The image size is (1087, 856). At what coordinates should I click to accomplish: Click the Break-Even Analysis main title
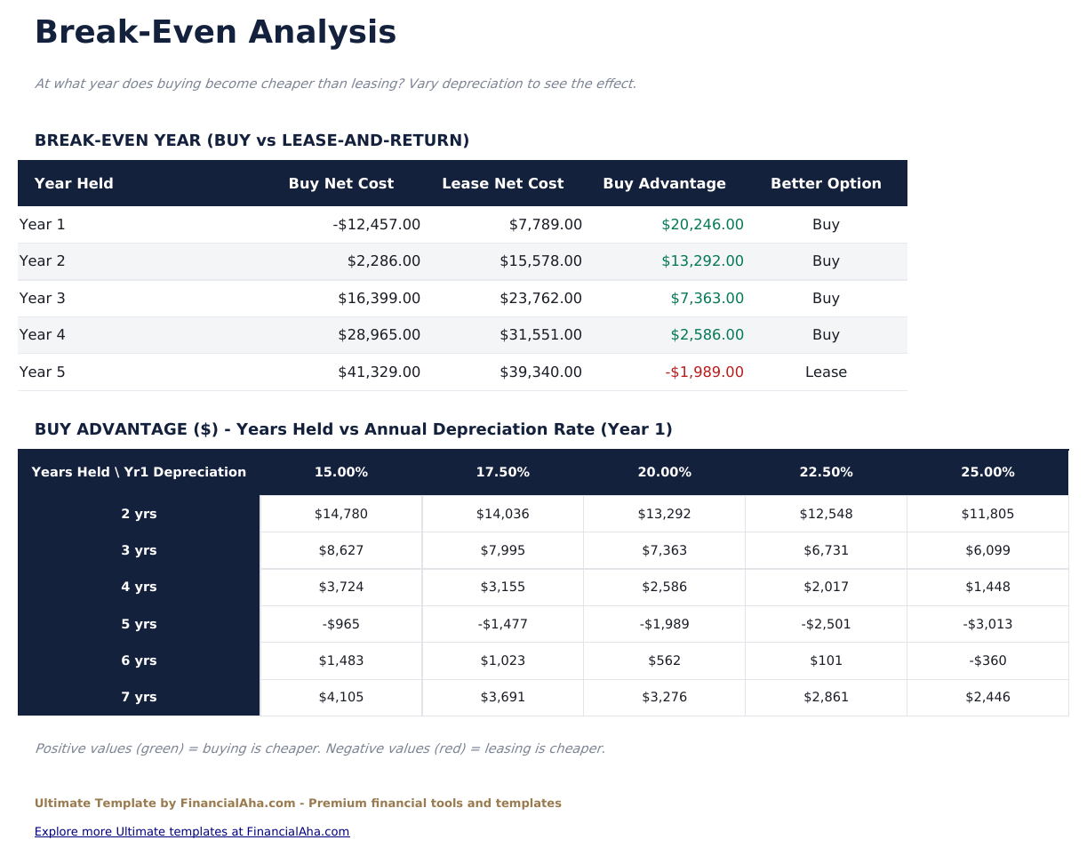(215, 33)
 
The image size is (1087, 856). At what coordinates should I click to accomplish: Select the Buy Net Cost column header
(340, 184)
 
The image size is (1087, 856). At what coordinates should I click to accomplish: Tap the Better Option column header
(826, 184)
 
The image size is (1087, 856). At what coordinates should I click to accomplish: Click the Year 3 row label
(43, 299)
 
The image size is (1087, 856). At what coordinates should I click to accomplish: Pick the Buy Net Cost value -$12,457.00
(377, 225)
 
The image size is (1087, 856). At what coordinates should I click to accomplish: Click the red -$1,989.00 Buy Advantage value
(704, 372)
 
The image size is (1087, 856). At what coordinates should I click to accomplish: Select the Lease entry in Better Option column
(826, 372)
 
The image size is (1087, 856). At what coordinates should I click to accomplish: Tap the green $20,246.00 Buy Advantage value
(702, 225)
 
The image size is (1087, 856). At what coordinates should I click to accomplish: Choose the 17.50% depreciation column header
(502, 472)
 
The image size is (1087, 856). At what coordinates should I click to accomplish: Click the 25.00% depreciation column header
(987, 472)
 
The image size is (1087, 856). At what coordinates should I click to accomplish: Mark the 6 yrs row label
(139, 660)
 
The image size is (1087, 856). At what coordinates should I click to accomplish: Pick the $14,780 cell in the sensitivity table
(341, 514)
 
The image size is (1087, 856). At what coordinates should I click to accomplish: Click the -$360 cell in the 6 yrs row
(987, 660)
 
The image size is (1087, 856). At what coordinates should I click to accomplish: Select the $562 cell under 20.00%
(664, 660)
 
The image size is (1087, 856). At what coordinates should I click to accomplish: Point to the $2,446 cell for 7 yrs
(987, 698)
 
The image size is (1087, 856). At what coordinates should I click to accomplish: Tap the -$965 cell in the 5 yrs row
(341, 624)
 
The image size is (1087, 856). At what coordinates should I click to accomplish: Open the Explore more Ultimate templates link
(192, 832)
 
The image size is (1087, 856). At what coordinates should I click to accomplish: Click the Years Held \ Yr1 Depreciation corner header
(139, 472)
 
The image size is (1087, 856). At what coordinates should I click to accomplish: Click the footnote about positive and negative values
(320, 748)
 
